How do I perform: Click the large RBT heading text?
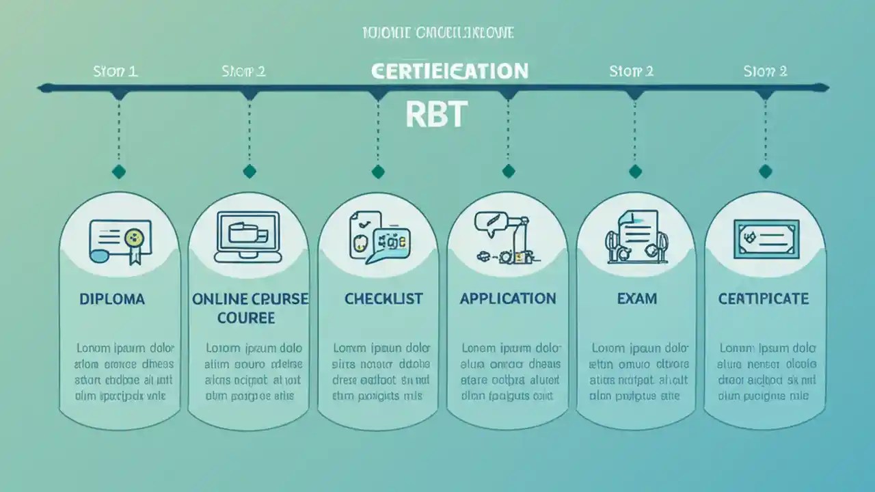tap(435, 115)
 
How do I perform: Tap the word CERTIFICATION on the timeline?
tap(450, 71)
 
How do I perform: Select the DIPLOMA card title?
tap(112, 299)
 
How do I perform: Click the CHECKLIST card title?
tap(383, 299)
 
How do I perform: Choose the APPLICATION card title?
tap(508, 299)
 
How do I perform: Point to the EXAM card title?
tap(636, 299)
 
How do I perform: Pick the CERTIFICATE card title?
tap(764, 299)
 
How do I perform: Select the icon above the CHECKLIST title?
tap(379, 237)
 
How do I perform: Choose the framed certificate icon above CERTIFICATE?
tap(766, 238)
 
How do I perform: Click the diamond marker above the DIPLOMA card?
tap(119, 172)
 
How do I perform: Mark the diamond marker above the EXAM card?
tap(636, 172)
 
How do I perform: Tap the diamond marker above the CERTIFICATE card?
tap(765, 172)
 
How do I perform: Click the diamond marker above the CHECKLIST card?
tap(378, 172)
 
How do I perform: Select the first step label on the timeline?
tap(115, 71)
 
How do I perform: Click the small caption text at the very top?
tap(437, 33)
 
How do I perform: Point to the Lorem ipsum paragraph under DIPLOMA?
tap(124, 372)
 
